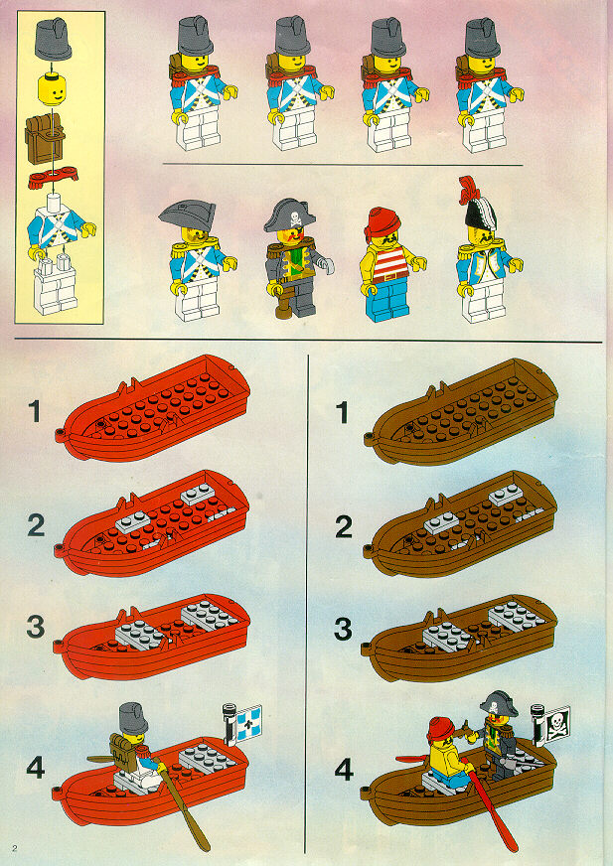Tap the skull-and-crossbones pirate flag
(555, 724)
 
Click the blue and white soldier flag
(248, 721)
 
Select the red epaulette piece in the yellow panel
(53, 177)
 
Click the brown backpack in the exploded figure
(45, 138)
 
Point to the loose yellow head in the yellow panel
(53, 90)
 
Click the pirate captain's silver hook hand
(327, 267)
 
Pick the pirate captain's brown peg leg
(284, 306)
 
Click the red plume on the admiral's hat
(468, 190)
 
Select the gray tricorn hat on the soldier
(187, 216)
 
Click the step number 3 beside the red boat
(36, 627)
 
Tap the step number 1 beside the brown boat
(342, 412)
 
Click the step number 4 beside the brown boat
(344, 770)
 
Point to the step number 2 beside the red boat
(36, 525)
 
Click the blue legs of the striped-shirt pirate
(386, 301)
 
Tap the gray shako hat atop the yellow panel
(53, 39)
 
